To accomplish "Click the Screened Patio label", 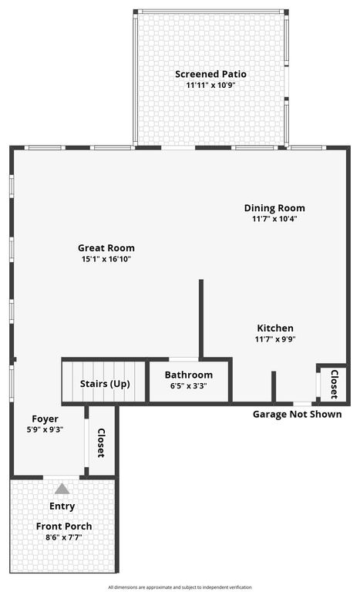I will click(210, 74).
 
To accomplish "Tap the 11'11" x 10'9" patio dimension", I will click(210, 86).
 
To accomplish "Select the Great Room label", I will click(106, 248).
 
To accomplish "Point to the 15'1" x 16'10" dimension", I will click(106, 260).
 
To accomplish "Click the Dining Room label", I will click(274, 208).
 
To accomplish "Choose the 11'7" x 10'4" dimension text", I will click(274, 219).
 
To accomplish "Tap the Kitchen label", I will click(275, 328).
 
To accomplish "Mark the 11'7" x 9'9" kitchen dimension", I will click(275, 339).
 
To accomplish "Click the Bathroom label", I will click(189, 375).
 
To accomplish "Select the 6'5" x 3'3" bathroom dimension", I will click(189, 386).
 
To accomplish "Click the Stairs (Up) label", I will click(105, 384).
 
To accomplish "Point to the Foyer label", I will click(45, 419).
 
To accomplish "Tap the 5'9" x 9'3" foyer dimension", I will click(45, 430).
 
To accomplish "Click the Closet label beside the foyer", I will click(101, 443).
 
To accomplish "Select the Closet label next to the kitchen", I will click(334, 383).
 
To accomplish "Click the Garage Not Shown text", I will click(297, 414).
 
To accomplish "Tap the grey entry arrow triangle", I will click(62, 489).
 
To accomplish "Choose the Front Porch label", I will click(64, 526).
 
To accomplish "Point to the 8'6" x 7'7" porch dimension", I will click(64, 537).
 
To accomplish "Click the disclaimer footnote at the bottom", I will click(180, 587).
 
